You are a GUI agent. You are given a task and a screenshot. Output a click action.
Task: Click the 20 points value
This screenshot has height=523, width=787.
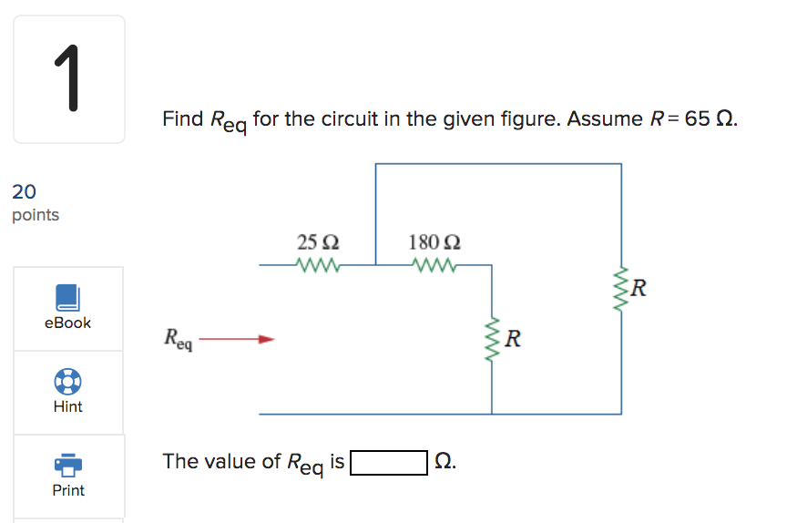25,191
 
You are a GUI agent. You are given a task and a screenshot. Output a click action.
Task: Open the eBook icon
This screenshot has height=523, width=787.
68,297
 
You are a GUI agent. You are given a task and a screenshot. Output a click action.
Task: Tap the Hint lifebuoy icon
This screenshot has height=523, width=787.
68,381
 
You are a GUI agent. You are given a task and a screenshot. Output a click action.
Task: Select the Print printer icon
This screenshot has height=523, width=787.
68,465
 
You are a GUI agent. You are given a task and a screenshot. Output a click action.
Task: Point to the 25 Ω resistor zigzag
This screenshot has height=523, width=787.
318,266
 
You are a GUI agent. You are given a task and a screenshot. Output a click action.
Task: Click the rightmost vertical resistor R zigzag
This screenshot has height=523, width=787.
622,291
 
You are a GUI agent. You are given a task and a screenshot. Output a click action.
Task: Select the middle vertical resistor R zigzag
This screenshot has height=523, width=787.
493,340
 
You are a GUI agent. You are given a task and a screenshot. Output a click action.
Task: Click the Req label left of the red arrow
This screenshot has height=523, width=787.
179,339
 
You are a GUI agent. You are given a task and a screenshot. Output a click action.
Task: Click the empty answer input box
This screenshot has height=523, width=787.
389,463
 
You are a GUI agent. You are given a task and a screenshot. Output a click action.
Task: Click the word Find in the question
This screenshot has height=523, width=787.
183,119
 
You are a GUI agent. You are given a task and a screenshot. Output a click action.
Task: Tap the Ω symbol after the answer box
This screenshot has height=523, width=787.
444,462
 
